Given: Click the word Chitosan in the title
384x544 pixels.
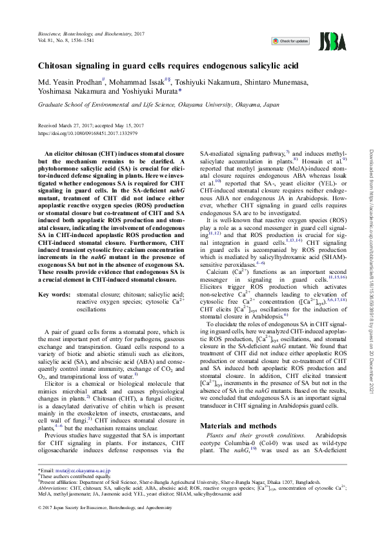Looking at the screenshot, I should [x=61, y=66].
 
